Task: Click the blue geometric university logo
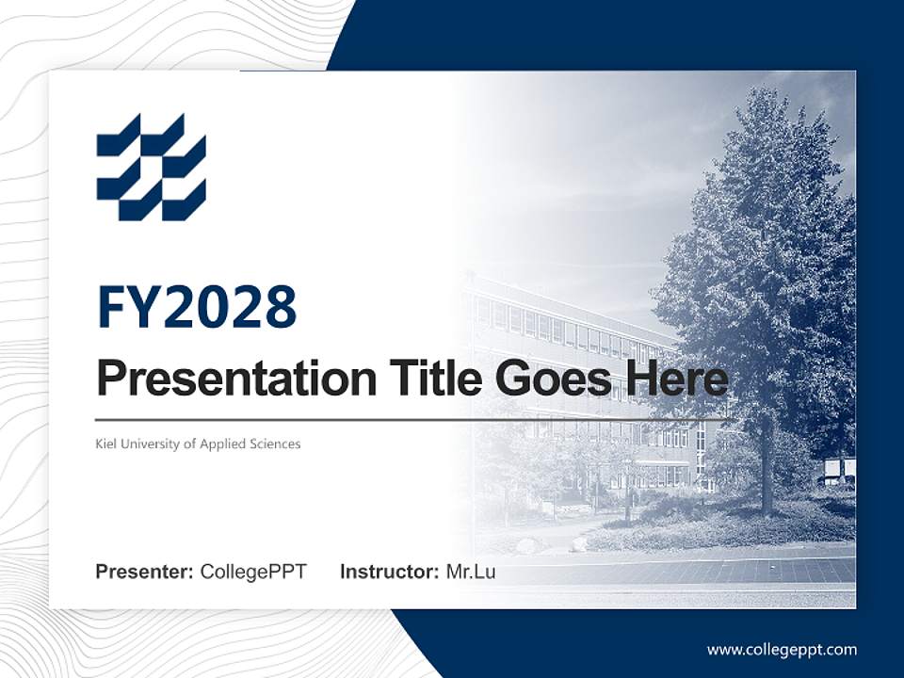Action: (151, 167)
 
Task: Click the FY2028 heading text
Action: (197, 307)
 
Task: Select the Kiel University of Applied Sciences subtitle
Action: (198, 444)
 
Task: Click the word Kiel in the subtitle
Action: (106, 444)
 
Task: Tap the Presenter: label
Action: (145, 572)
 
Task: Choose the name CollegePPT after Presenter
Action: (253, 572)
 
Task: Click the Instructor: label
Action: (389, 572)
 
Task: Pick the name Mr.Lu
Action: (471, 572)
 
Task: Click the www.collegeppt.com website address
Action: (782, 650)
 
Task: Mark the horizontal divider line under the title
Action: (412, 419)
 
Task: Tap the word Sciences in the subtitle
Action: (276, 444)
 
